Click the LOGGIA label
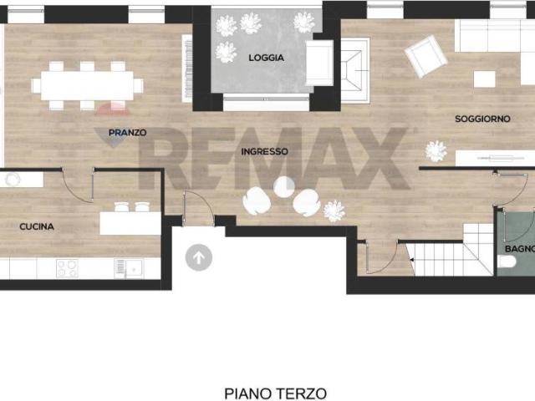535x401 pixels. tap(266, 58)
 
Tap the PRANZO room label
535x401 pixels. tap(128, 132)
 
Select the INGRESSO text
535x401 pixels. tap(264, 151)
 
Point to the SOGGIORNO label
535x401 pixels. tap(482, 119)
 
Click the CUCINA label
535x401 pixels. tap(37, 226)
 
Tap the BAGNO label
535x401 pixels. tap(520, 249)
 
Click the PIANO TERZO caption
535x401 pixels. tap(275, 393)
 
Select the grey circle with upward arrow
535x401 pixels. tap(199, 257)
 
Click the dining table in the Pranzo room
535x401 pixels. tap(87, 85)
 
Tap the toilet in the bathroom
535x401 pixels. tap(507, 261)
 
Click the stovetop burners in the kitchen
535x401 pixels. tap(67, 268)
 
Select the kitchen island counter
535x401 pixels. tap(130, 223)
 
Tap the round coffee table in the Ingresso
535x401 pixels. tap(284, 187)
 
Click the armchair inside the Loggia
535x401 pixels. tap(319, 63)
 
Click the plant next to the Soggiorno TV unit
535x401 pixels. tap(436, 151)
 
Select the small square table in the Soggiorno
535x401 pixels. tap(485, 79)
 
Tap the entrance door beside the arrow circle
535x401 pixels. tap(199, 206)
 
